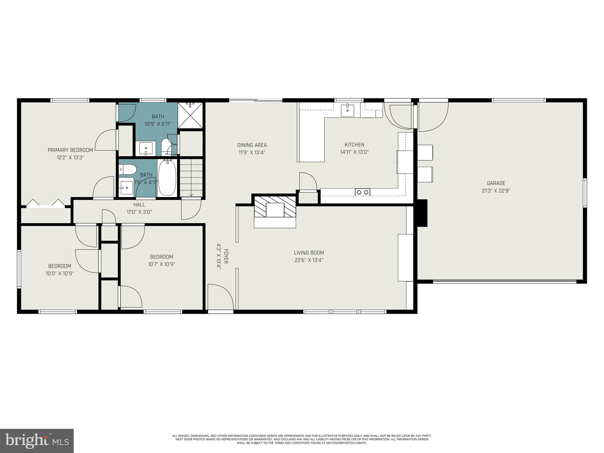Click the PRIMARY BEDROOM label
(x=70, y=150)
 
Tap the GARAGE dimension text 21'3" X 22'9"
(x=496, y=191)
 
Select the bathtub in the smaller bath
(x=167, y=178)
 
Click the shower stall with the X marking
(x=191, y=116)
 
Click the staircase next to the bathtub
(x=191, y=178)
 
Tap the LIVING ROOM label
(x=309, y=253)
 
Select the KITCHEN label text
(x=354, y=145)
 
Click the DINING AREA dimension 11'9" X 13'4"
(x=252, y=152)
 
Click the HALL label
(x=139, y=204)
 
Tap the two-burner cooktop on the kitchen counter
(x=362, y=192)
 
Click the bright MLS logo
(x=37, y=441)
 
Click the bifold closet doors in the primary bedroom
(x=46, y=204)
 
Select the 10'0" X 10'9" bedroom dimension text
(x=60, y=273)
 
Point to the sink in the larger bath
(x=146, y=148)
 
